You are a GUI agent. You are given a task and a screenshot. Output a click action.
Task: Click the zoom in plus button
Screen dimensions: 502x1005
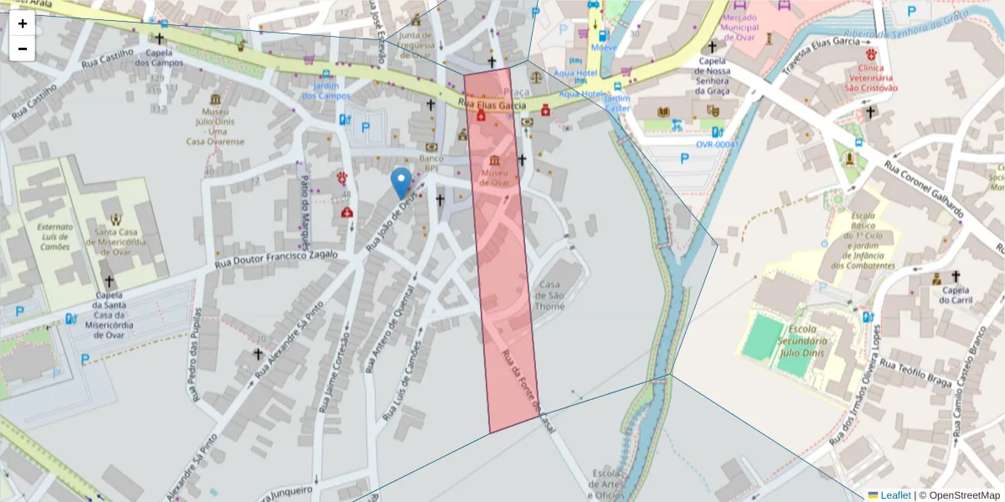[23, 23]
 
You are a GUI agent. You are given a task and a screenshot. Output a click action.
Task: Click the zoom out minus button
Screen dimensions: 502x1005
[23, 49]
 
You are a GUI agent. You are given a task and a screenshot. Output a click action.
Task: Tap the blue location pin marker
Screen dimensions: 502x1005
[402, 182]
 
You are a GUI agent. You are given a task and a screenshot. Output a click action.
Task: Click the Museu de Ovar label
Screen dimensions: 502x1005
[494, 177]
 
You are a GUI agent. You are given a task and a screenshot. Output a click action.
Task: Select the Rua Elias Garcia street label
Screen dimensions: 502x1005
[493, 105]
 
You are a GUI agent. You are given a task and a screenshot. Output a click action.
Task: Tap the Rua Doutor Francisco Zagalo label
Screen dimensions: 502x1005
[276, 259]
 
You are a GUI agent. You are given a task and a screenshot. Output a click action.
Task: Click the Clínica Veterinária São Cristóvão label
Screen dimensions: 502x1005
[871, 77]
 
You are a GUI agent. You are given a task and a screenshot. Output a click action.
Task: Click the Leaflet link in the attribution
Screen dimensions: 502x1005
[894, 495]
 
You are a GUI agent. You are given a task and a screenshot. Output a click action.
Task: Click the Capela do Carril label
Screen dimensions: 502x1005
[954, 295]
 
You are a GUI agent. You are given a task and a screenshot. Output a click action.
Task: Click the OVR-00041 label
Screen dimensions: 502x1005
[718, 144]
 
